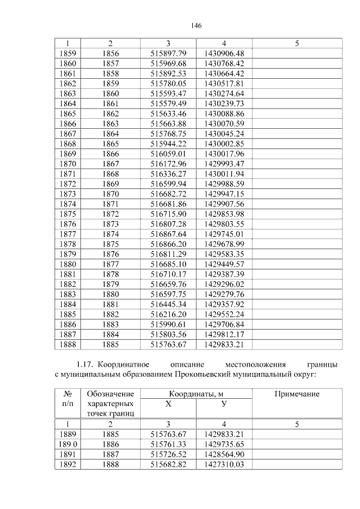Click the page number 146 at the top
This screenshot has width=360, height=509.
point(196,25)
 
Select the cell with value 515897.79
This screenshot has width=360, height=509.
point(168,53)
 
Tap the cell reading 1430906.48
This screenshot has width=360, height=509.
point(224,53)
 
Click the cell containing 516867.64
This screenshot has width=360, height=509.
point(168,233)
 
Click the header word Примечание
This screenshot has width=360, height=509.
point(296,394)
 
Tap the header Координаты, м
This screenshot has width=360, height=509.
point(196,394)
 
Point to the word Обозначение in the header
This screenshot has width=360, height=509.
point(111,394)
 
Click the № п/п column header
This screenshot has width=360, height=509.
point(67,399)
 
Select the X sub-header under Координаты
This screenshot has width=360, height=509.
point(168,404)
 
